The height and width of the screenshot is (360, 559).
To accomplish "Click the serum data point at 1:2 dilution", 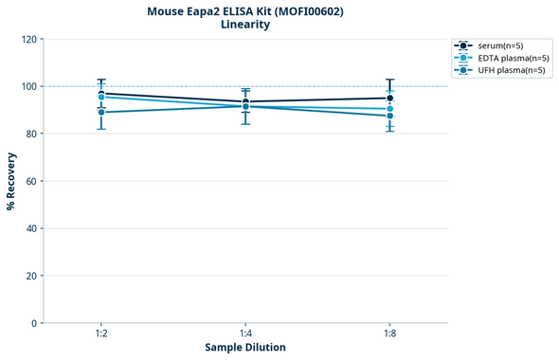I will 101,94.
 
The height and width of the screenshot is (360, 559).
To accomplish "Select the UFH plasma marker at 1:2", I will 101,112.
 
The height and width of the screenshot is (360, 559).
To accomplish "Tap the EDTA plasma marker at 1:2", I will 101,98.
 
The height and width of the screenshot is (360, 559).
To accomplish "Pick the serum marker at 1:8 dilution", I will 390,98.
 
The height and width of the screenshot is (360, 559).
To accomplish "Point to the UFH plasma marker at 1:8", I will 390,116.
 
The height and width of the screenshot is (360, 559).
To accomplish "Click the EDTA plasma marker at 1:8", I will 390,109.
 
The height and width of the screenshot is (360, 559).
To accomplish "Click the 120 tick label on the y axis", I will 28,39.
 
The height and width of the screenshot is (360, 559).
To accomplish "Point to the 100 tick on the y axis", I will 28,86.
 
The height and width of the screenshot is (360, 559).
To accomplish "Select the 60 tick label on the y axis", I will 31,181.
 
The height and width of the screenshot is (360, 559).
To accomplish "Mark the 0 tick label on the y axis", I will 34,323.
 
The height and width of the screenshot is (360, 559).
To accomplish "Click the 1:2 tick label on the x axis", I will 101,334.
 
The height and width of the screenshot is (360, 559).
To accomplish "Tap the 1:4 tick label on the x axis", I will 245,334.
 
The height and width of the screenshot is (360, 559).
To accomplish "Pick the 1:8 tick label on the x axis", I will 390,334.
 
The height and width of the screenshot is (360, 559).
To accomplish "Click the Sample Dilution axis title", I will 245,348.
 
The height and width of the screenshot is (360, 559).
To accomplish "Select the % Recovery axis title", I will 11,181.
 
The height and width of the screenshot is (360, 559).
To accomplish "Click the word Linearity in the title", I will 245,25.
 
